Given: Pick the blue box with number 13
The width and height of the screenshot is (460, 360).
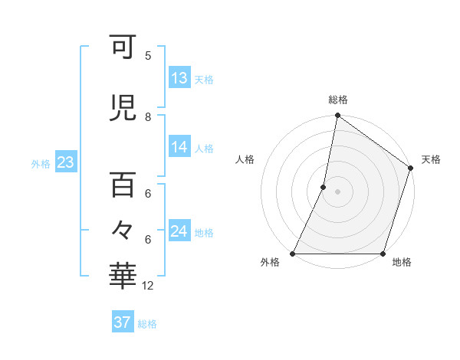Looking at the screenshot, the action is (x=179, y=78).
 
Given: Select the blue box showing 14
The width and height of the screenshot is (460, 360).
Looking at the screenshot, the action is (x=179, y=147).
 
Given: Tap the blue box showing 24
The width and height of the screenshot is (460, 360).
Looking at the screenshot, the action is (x=179, y=231).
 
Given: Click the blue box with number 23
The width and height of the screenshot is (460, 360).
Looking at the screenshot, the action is (x=65, y=162).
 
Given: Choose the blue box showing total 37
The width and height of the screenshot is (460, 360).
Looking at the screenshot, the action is (x=123, y=322).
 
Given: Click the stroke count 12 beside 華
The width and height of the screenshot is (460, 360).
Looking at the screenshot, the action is (x=148, y=286).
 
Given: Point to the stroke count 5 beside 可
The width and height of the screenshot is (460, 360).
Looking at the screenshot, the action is (x=148, y=56).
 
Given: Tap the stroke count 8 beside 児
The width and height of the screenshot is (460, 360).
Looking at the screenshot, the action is (x=148, y=117).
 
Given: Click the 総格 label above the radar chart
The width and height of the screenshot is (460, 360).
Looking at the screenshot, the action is (x=338, y=100).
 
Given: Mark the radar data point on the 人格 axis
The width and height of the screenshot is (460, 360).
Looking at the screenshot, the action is (x=324, y=187).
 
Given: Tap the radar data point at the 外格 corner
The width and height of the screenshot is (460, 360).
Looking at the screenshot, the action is (x=293, y=254).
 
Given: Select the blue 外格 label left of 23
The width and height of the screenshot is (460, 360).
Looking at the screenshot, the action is (x=41, y=163).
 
